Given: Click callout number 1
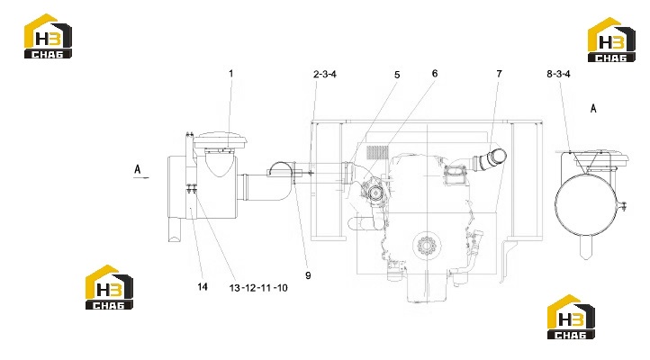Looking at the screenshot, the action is tap(230, 74).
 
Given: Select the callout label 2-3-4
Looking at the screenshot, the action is tap(325, 75).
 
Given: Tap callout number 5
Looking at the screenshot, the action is tap(397, 75).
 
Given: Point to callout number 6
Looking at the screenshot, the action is tap(435, 73).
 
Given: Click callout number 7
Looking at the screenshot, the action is tap(499, 74).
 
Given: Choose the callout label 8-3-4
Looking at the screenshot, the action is tap(558, 74).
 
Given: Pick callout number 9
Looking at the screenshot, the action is tap(308, 275).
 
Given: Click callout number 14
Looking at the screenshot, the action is tap(203, 287).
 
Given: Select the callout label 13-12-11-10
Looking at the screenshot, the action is tap(258, 288).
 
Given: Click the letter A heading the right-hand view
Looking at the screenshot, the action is tap(593, 109).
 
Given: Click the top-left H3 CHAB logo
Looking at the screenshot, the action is tap(48, 36).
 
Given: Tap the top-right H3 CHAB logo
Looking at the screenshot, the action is tap(611, 40).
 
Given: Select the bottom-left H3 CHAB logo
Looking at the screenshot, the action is tap(109, 287).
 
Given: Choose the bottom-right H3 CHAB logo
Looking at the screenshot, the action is tap(571, 317).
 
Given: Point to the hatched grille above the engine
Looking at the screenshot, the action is tap(377, 152).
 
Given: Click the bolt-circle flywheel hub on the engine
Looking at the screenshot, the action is tap(427, 246).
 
